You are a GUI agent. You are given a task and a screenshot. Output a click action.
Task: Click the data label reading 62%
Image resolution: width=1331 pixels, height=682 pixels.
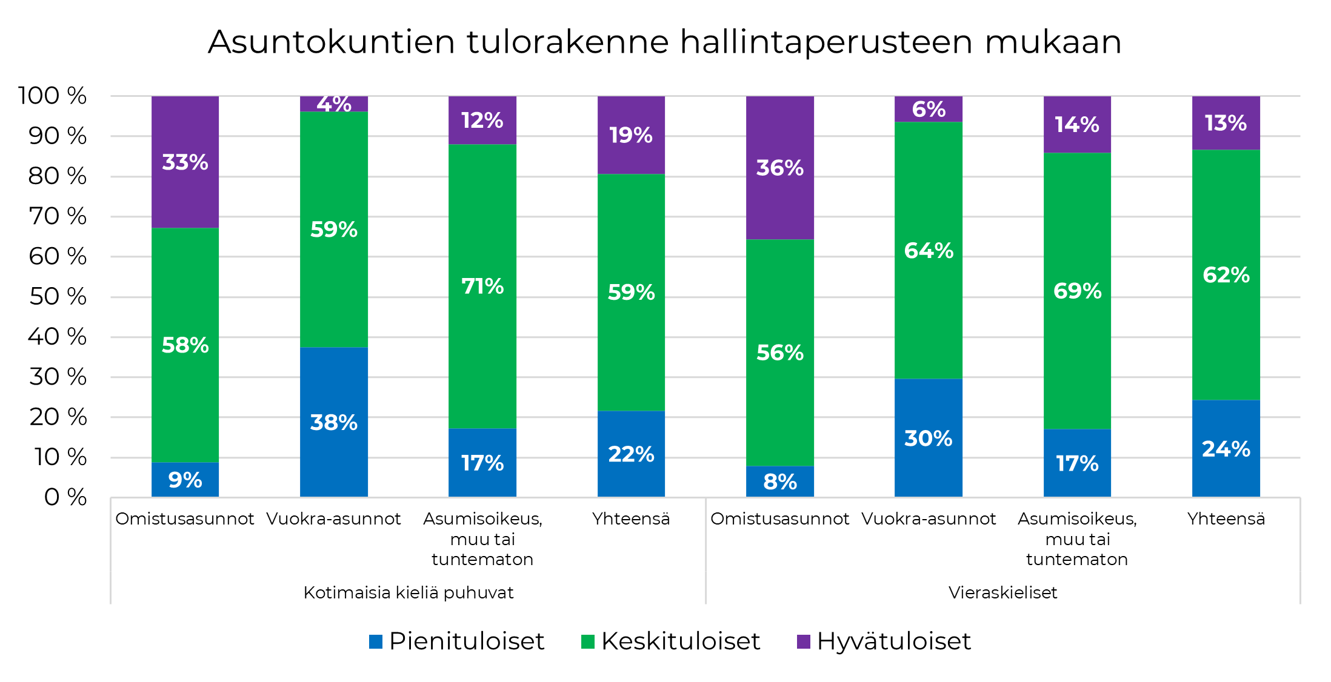[x=1226, y=275]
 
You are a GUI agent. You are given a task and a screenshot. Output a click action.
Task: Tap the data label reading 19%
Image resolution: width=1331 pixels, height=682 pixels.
[x=630, y=135]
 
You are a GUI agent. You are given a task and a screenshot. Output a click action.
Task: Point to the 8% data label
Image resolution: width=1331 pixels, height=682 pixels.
[x=779, y=482]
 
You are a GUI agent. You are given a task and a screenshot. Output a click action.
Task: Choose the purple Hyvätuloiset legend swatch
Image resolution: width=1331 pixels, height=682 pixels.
[x=803, y=641]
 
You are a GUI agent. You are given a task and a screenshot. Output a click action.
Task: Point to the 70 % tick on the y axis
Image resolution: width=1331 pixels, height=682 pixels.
[x=58, y=216]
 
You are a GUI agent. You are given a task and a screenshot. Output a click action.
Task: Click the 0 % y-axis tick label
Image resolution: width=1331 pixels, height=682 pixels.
[x=65, y=497]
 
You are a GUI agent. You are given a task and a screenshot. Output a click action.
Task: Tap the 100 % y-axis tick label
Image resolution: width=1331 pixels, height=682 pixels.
[x=52, y=96]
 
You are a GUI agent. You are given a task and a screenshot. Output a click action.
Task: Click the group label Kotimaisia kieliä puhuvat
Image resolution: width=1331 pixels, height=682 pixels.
[x=408, y=592]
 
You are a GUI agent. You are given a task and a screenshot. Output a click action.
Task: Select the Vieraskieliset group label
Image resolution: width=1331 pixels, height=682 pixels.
[x=1002, y=592]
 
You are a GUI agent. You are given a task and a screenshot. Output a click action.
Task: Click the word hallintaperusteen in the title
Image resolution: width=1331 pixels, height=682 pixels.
[x=826, y=42]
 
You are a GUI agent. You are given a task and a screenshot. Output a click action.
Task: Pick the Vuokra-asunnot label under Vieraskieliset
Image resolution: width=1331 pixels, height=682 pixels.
[x=928, y=518]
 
